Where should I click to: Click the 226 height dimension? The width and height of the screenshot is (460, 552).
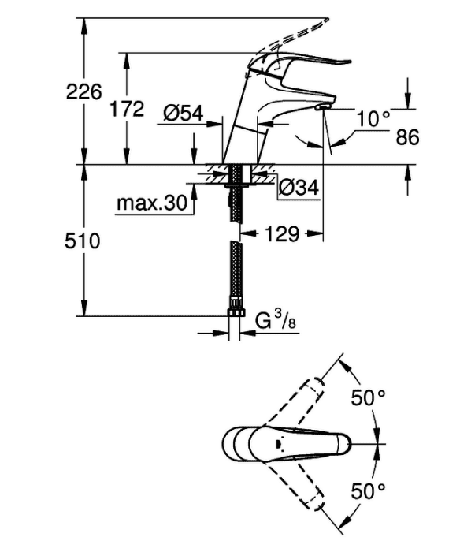[83, 92]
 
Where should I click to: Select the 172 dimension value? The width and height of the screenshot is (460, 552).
[127, 109]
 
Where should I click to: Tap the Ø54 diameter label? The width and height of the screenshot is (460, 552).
[184, 114]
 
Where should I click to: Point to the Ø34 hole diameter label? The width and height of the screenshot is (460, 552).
[299, 187]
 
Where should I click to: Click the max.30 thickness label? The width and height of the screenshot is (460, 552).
[152, 203]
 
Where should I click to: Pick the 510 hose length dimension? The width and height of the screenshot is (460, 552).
[82, 241]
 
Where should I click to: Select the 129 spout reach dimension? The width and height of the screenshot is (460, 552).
[281, 233]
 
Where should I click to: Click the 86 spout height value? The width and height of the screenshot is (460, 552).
[407, 137]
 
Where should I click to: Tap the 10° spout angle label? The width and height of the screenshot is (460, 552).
[373, 118]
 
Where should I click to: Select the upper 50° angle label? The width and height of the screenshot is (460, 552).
[368, 397]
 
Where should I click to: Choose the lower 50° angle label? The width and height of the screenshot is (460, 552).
[368, 491]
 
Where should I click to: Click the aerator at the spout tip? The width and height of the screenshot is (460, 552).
[324, 106]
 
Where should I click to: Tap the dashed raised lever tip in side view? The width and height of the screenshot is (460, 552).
[326, 20]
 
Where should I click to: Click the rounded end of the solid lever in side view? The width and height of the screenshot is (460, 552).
[347, 62]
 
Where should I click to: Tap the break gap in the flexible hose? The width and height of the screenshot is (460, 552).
[236, 232]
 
